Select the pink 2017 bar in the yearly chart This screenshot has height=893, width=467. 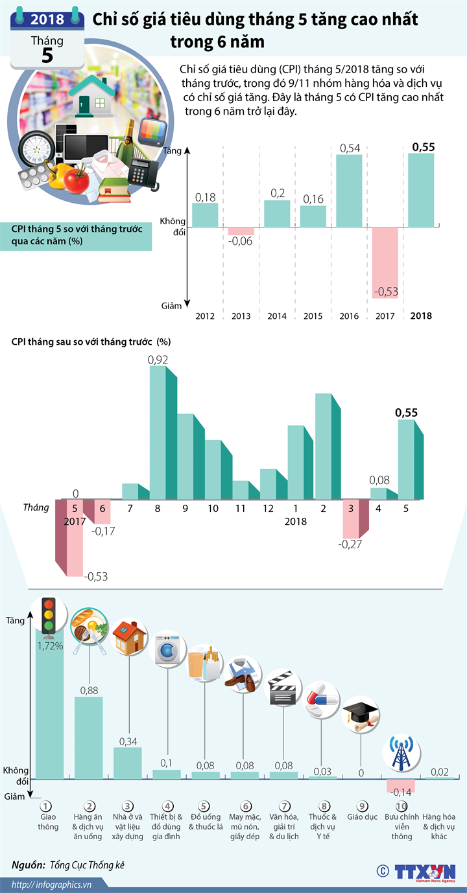385,262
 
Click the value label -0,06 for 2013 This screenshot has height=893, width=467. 241,241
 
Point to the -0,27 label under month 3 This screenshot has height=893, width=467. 350,544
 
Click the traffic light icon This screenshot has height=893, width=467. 49,615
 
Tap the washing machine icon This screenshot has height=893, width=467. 167,647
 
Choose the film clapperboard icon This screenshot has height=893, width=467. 284,690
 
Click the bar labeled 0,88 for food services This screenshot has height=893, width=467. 88,737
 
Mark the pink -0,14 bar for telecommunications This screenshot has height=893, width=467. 401,785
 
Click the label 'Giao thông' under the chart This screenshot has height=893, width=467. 48,822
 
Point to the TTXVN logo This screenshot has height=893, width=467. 425,872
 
